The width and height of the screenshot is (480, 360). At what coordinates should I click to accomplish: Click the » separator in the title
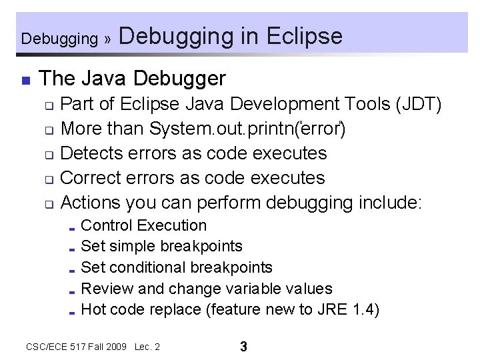click(107, 39)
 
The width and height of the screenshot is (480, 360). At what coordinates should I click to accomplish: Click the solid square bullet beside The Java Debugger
click(25, 81)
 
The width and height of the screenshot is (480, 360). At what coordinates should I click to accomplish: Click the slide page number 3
click(243, 347)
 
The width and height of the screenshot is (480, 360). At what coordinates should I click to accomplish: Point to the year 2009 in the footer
click(115, 347)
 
